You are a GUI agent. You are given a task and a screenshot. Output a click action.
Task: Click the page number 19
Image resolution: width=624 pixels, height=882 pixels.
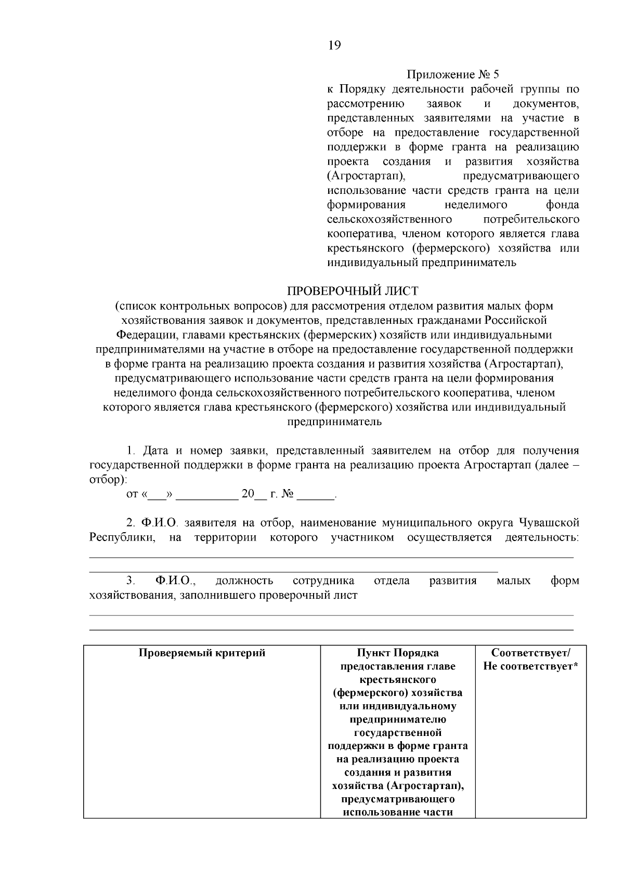point(334,46)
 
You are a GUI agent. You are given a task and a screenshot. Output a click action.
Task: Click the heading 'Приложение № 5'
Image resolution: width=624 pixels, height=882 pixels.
point(452,74)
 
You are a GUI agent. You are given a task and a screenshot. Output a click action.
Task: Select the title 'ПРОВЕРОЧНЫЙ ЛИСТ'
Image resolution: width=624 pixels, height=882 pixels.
point(353,291)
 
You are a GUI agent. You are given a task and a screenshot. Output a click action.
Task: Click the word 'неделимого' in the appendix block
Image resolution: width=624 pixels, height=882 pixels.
point(476,204)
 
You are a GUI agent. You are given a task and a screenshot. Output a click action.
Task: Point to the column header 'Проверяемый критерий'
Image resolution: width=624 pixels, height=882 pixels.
point(202,653)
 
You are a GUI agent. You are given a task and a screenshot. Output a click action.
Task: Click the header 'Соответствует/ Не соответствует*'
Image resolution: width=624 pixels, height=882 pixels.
point(530,660)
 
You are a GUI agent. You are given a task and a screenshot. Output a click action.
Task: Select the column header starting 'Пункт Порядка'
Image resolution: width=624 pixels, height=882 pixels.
point(398,653)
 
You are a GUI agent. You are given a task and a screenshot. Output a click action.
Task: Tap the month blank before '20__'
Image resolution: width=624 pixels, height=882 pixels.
point(206,494)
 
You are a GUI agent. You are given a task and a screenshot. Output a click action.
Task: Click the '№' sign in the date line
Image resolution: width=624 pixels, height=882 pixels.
point(287,494)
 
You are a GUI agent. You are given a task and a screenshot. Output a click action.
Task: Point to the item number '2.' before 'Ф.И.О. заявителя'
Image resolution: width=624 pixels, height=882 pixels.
point(131,522)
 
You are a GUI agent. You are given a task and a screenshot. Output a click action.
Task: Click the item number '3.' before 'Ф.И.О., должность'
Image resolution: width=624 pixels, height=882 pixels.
point(131,581)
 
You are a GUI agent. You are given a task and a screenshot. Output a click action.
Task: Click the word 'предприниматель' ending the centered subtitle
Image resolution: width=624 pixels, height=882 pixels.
point(334,422)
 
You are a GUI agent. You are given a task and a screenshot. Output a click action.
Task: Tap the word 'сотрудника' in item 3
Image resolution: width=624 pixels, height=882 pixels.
point(323,581)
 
